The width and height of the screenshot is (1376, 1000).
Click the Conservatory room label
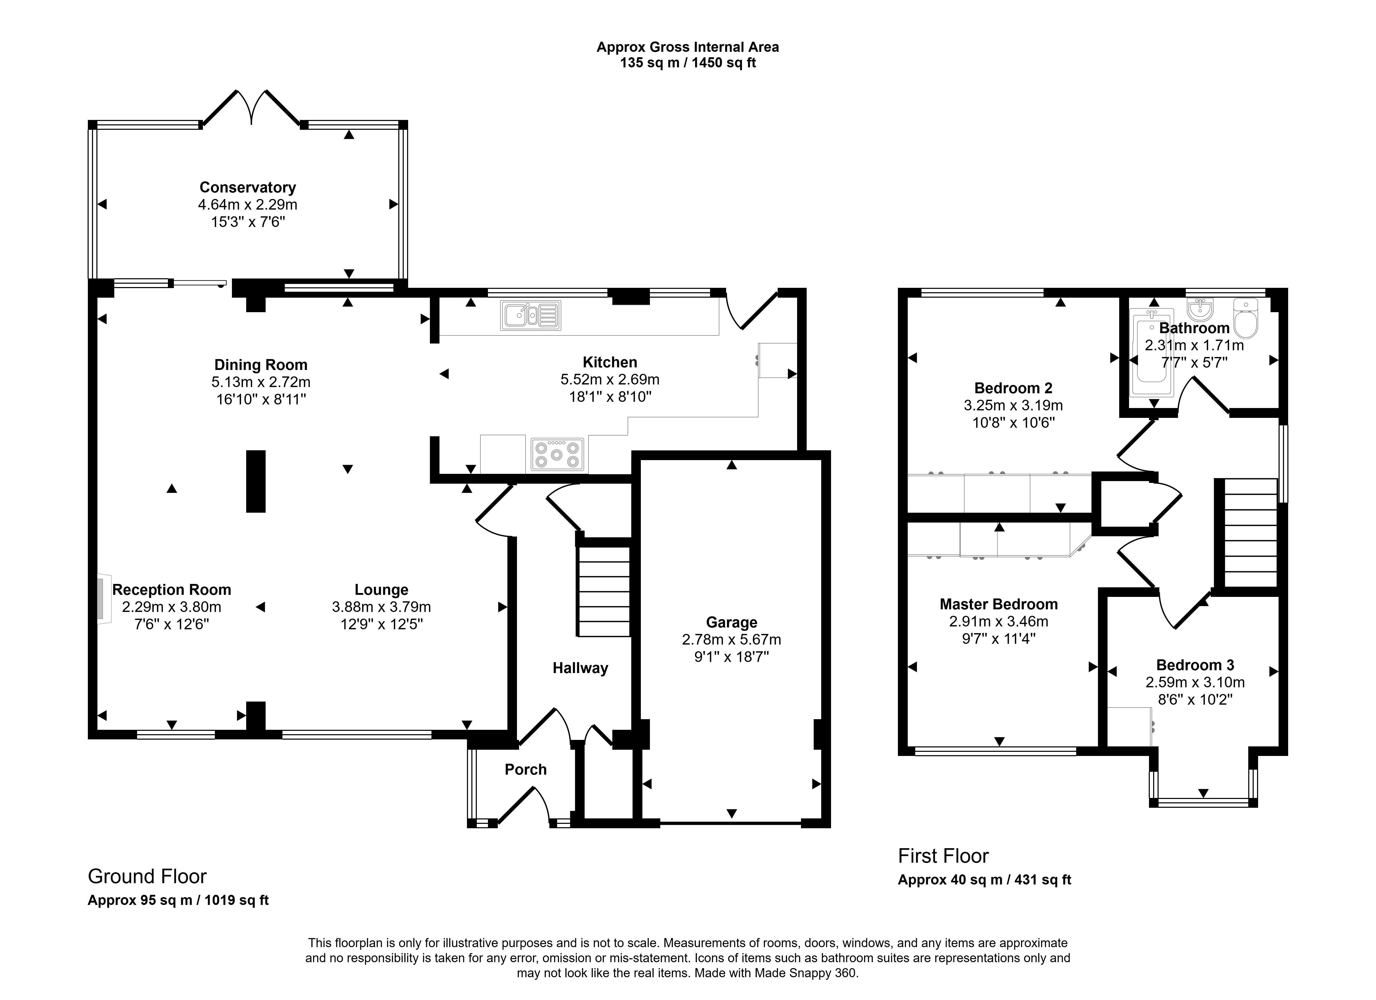coord(247,187)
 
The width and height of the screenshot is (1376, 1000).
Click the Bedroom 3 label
coord(1195,665)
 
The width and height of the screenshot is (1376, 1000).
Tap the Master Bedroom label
coord(999,604)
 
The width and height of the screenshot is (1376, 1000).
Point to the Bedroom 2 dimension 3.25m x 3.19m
coord(1013,405)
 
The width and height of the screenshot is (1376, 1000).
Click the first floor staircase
coord(1250,532)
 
